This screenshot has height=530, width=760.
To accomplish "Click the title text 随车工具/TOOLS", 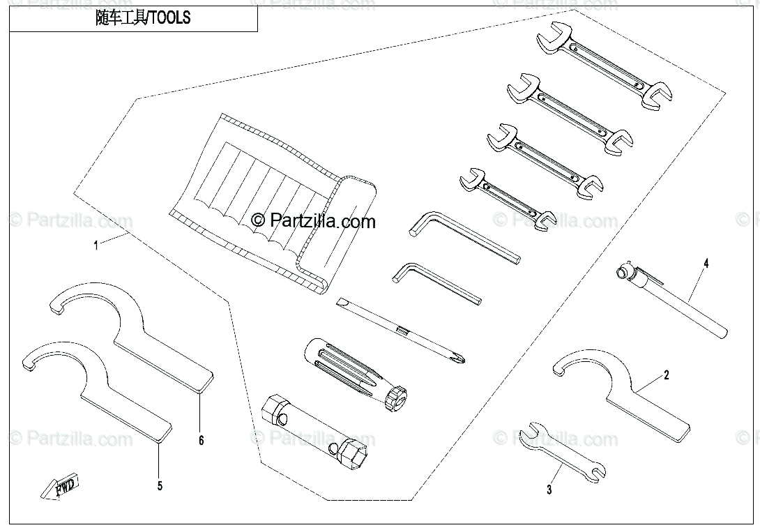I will point(142,19).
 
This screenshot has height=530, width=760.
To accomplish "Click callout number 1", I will point(96,245).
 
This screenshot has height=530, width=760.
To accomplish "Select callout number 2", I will point(666,376).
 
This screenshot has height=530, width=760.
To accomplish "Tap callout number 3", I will point(549,490).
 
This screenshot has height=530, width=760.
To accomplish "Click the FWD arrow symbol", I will point(60,486).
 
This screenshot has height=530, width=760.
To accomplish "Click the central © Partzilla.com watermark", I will point(313,221).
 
